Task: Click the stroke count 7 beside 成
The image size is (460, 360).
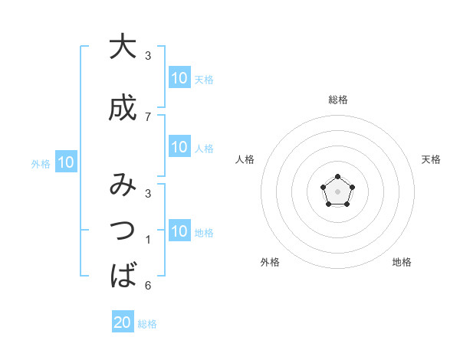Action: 148,116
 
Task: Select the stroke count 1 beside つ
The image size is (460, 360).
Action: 148,240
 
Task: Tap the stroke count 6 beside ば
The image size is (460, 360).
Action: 148,286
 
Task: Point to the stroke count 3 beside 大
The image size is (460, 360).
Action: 148,56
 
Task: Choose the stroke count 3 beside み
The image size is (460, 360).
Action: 148,195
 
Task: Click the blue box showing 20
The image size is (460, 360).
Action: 123,322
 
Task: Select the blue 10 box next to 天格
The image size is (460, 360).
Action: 179,77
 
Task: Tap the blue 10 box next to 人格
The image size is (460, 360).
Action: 179,147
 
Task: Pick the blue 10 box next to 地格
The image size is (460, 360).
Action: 179,232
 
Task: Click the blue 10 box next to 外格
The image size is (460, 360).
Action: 66,162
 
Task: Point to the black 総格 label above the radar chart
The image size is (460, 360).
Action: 337,100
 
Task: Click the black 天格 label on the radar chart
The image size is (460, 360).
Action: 431,159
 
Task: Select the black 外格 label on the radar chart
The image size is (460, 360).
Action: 270,262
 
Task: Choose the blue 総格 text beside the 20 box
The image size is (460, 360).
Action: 147,324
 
